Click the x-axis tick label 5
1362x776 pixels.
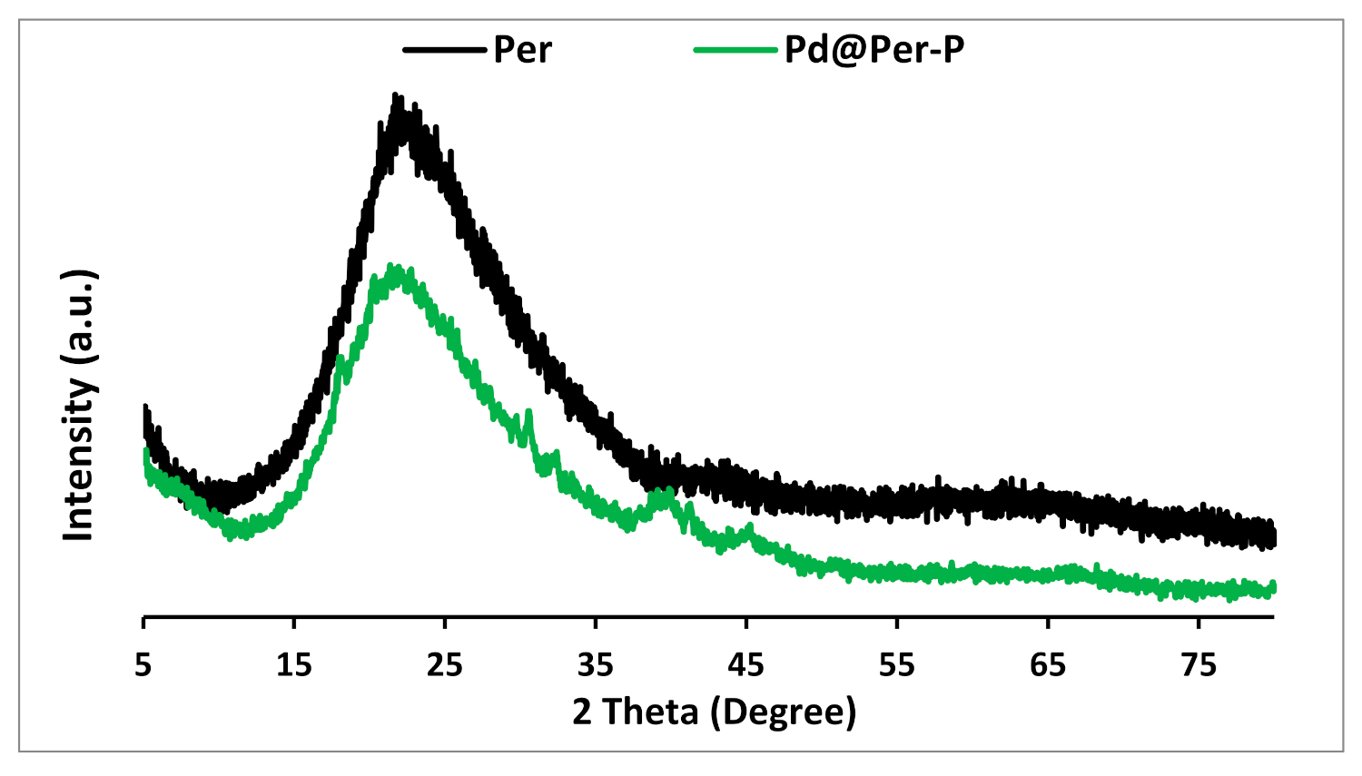(x=143, y=666)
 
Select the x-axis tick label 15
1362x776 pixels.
(x=294, y=666)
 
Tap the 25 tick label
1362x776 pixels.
(x=445, y=666)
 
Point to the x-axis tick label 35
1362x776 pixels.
(x=596, y=666)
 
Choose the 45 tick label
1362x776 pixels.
(x=746, y=666)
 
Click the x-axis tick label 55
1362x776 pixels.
(x=897, y=666)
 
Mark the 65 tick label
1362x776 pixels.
(x=1048, y=666)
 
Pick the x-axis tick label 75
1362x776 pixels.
(x=1199, y=666)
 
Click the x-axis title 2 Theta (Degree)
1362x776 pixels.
(x=715, y=712)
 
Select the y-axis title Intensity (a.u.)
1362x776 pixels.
(x=80, y=406)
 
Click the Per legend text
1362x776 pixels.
(x=522, y=50)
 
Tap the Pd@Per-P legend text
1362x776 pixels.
(x=873, y=50)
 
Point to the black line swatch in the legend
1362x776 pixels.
(x=444, y=50)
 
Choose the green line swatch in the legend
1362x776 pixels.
(x=735, y=50)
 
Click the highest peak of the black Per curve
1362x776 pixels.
(x=395, y=95)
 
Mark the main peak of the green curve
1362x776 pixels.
(x=391, y=267)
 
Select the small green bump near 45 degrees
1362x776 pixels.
(x=749, y=527)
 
